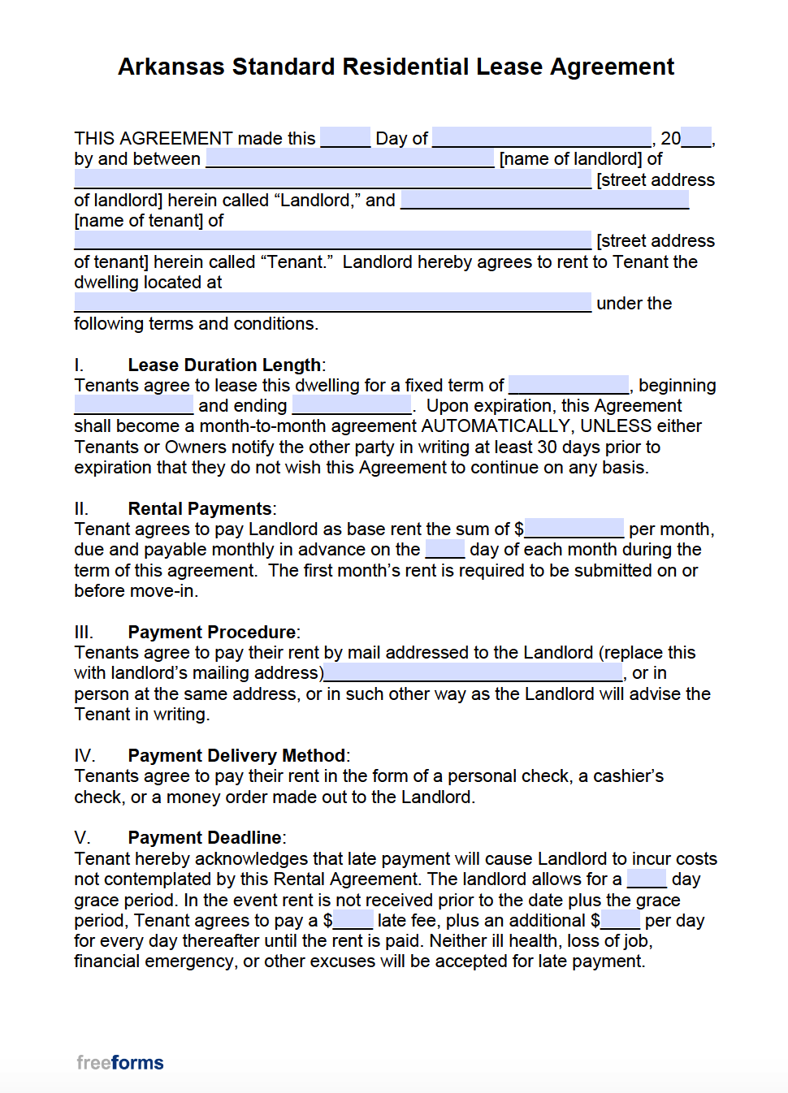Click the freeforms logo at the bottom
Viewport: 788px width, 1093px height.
coord(120,1063)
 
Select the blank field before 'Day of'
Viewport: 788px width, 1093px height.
coord(345,137)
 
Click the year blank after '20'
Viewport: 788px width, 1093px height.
coord(696,137)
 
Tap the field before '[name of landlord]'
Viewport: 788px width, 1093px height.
coord(350,158)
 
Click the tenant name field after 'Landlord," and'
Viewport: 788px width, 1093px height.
coord(545,200)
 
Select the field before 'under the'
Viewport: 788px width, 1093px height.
coord(332,303)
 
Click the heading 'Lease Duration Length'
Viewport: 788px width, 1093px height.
coord(224,365)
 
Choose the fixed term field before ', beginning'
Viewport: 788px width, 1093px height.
coord(569,385)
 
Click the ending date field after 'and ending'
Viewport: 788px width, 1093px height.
coord(352,405)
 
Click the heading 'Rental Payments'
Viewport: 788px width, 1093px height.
coord(200,508)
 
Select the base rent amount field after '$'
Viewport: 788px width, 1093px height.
coord(574,529)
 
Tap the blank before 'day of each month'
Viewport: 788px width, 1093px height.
coord(445,550)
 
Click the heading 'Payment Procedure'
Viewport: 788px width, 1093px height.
coord(212,632)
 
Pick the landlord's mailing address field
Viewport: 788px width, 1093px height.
coord(473,672)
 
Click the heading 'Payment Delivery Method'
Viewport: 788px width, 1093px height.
coord(236,755)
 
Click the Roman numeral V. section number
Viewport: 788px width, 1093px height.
coord(82,838)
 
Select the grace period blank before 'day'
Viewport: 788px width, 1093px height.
coord(647,879)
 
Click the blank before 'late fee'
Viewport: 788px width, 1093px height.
coord(353,920)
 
